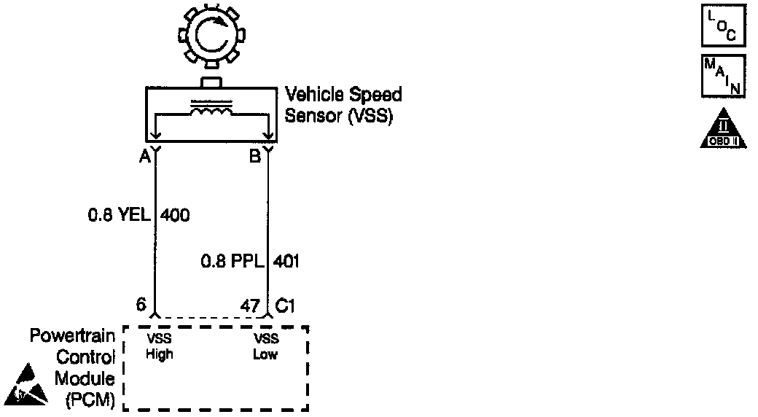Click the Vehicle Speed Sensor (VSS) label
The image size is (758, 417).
tap(343, 105)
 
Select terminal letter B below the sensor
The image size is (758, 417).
tap(255, 156)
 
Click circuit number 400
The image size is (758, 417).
tap(175, 215)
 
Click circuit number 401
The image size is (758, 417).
tap(286, 260)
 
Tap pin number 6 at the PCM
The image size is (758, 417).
tap(141, 305)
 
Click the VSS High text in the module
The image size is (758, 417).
tap(158, 347)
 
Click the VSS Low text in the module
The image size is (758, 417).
tap(266, 347)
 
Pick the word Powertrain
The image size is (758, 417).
tap(72, 337)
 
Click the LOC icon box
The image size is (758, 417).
tap(723, 27)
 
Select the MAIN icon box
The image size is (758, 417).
tap(723, 76)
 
